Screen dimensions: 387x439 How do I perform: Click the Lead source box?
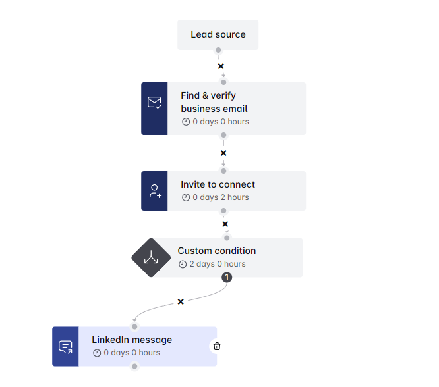(x=218, y=34)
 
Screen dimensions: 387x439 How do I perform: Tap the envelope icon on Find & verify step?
(x=154, y=102)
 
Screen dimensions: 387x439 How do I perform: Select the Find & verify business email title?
(x=214, y=102)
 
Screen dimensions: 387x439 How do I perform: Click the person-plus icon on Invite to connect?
(x=154, y=191)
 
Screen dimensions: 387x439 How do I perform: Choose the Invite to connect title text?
(x=218, y=184)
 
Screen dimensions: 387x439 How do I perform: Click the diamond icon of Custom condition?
(x=151, y=257)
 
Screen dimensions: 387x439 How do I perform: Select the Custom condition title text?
(x=217, y=251)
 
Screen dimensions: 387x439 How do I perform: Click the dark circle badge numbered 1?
(x=227, y=277)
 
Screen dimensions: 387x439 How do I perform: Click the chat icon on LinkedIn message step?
(x=65, y=347)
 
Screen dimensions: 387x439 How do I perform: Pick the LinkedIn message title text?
(x=132, y=340)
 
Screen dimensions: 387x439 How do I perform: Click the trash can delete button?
(x=217, y=346)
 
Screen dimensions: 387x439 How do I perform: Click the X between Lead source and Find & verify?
(x=221, y=66)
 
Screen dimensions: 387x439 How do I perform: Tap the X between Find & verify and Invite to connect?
(x=223, y=153)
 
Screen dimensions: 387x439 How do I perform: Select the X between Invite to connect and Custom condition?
(x=225, y=224)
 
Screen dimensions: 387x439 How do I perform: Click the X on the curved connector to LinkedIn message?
(x=181, y=301)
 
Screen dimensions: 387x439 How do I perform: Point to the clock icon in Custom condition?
(x=183, y=264)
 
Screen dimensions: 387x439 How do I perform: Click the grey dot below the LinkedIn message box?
(x=134, y=367)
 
